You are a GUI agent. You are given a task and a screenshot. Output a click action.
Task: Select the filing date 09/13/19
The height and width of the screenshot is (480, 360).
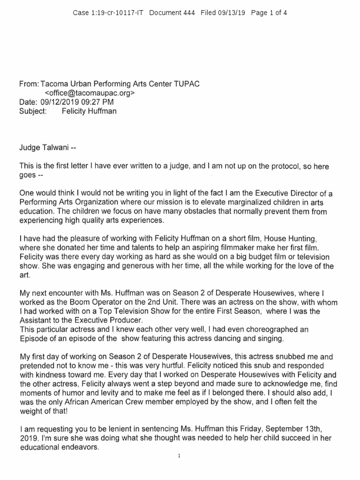point(233,13)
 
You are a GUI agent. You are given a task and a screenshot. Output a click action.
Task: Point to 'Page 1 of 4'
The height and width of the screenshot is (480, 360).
point(269,13)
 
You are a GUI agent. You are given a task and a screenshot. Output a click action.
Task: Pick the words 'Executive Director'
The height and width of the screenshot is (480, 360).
point(285,194)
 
